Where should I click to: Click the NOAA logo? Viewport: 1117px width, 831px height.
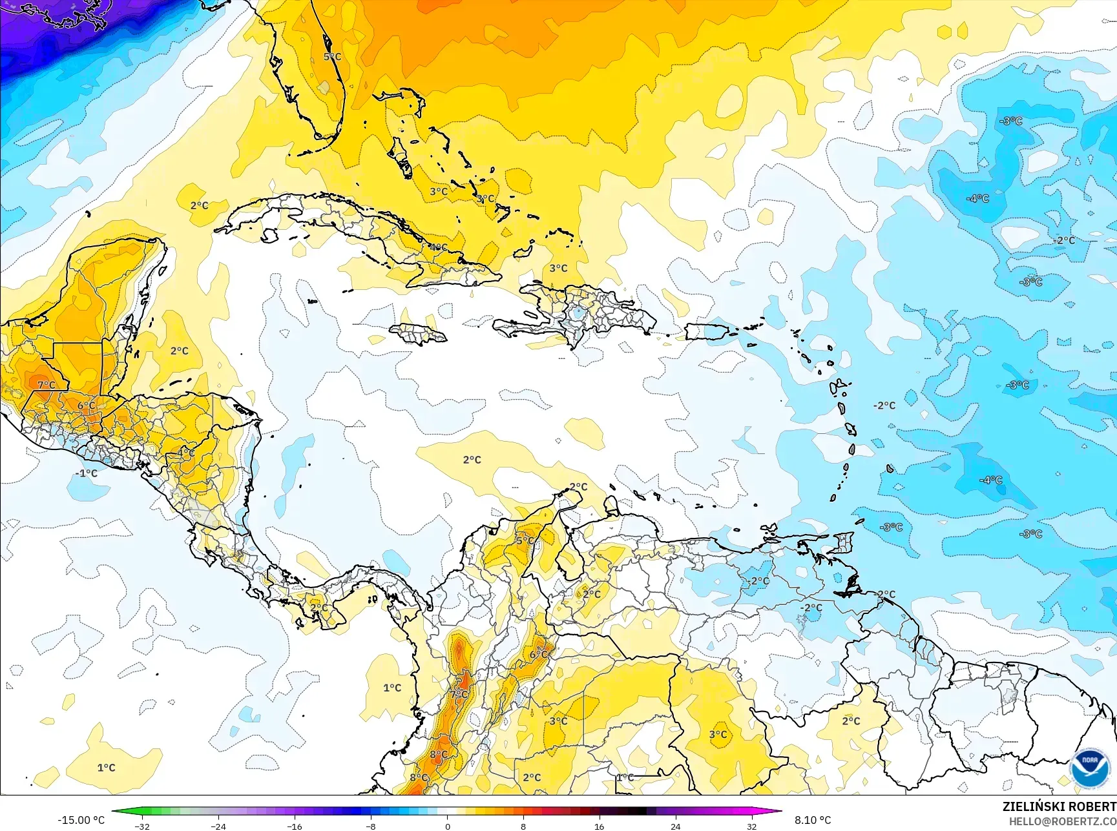click(x=1089, y=768)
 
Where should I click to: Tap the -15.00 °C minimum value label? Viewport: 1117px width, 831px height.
click(x=81, y=820)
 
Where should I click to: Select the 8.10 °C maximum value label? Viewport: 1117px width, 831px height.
click(x=813, y=820)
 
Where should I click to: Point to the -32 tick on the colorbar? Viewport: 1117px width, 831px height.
click(x=143, y=826)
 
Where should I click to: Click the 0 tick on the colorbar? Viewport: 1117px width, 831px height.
click(x=447, y=826)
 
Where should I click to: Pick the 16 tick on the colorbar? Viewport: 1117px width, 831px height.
click(x=599, y=826)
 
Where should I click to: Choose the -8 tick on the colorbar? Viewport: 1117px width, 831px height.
click(x=371, y=826)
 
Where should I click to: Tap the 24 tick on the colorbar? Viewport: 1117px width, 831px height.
click(x=675, y=826)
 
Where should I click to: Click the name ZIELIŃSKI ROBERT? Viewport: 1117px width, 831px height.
click(x=1059, y=806)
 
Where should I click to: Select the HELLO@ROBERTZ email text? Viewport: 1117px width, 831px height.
click(x=1062, y=821)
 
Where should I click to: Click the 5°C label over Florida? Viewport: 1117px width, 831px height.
click(x=332, y=57)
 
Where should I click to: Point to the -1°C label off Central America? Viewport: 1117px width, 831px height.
click(x=86, y=473)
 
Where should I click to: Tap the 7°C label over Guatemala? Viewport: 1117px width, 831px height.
click(x=46, y=385)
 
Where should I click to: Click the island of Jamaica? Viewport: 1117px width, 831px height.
click(x=419, y=334)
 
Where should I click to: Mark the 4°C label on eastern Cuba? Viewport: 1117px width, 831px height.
click(x=438, y=247)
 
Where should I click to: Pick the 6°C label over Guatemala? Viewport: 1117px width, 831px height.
click(x=87, y=405)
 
